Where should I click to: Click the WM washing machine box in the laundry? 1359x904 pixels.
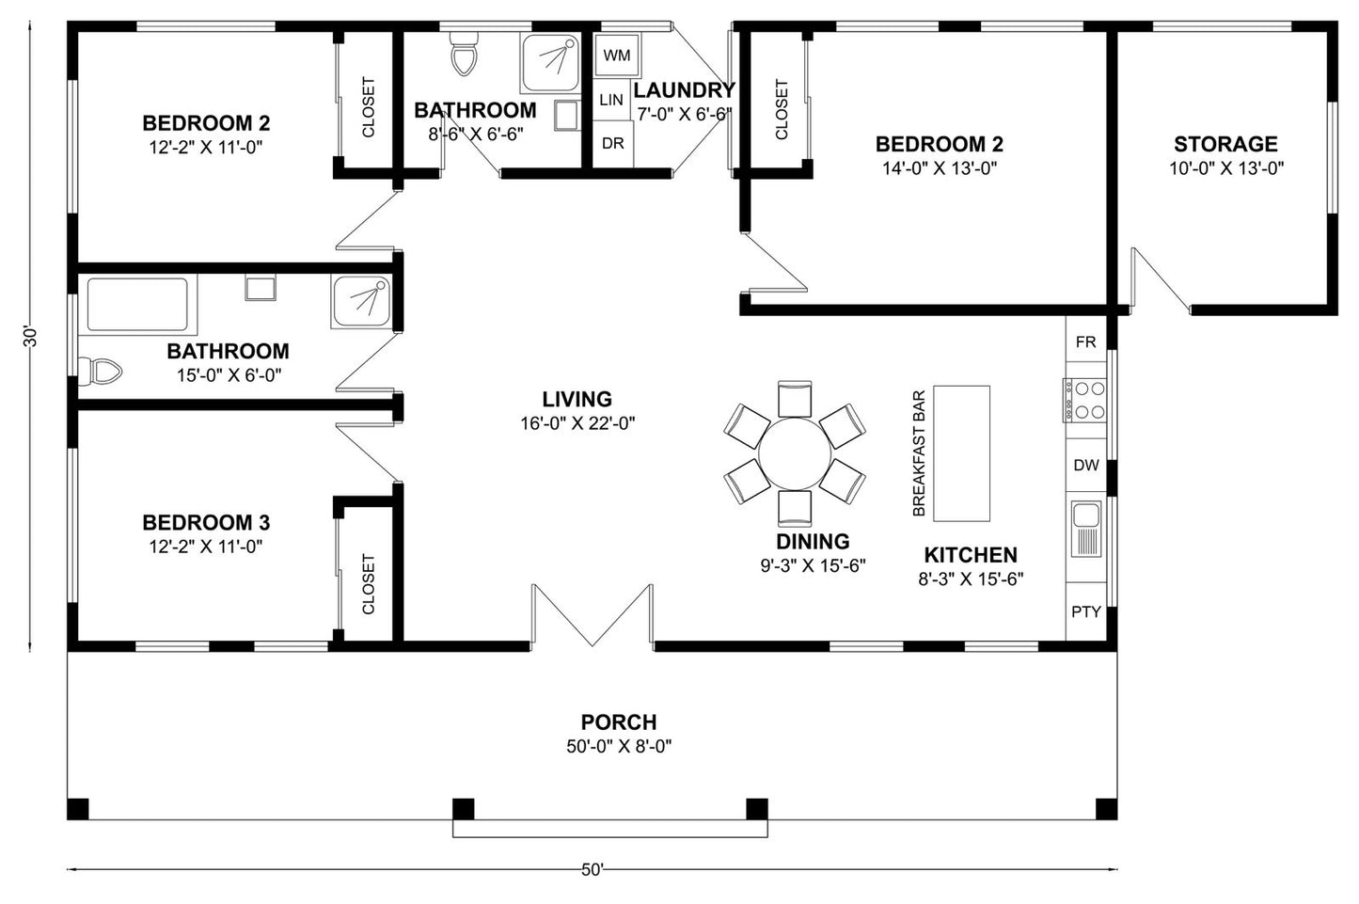tap(616, 56)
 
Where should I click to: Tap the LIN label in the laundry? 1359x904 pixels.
tap(611, 100)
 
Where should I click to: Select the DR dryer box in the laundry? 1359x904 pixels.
tap(613, 144)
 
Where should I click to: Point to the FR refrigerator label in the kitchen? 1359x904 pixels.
tap(1085, 342)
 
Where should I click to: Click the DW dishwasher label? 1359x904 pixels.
tap(1085, 465)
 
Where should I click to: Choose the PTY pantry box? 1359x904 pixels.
tap(1085, 611)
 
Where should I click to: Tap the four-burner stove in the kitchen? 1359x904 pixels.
tap(1083, 400)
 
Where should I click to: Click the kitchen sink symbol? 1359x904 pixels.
tap(1085, 529)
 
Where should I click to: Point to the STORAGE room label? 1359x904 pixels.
tap(1225, 144)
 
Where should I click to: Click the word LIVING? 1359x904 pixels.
tap(577, 399)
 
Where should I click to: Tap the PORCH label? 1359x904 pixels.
tap(618, 722)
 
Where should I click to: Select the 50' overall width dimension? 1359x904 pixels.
tap(592, 870)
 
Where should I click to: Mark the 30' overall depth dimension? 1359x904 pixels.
tap(30, 337)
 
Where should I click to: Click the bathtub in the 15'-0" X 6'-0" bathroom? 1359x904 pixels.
tap(137, 305)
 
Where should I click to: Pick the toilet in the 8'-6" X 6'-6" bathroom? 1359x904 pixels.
tap(463, 56)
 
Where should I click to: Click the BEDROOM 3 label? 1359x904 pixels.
tap(206, 522)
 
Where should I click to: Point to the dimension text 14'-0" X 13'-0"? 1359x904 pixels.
tap(939, 168)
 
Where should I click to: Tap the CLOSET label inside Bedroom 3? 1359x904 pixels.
tap(368, 583)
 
